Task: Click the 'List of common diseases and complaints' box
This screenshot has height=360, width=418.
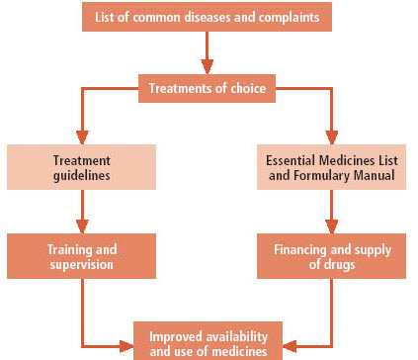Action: tap(207, 17)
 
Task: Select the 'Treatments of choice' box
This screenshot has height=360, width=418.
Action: tap(207, 88)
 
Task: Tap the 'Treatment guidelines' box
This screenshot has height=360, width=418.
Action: tap(81, 167)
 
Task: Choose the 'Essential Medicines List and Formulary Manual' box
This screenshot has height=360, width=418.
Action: tap(331, 167)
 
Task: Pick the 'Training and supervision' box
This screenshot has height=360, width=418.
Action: tap(81, 256)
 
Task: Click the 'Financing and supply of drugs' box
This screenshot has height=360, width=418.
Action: tap(331, 256)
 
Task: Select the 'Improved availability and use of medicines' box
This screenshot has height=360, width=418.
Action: tap(208, 341)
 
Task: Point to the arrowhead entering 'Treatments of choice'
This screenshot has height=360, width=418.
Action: tap(208, 67)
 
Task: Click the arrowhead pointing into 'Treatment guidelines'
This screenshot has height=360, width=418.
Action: tap(82, 137)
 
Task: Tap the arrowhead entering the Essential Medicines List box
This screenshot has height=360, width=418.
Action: tap(332, 137)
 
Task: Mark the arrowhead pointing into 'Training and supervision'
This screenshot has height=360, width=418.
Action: tap(82, 226)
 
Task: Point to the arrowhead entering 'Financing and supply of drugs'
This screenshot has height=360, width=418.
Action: tap(332, 226)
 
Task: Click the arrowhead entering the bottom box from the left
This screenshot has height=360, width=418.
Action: tap(126, 346)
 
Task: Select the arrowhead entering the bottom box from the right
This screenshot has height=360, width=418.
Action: tap(290, 346)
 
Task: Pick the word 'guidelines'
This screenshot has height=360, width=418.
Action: tap(82, 175)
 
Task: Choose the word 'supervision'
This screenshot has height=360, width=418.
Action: tap(81, 265)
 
